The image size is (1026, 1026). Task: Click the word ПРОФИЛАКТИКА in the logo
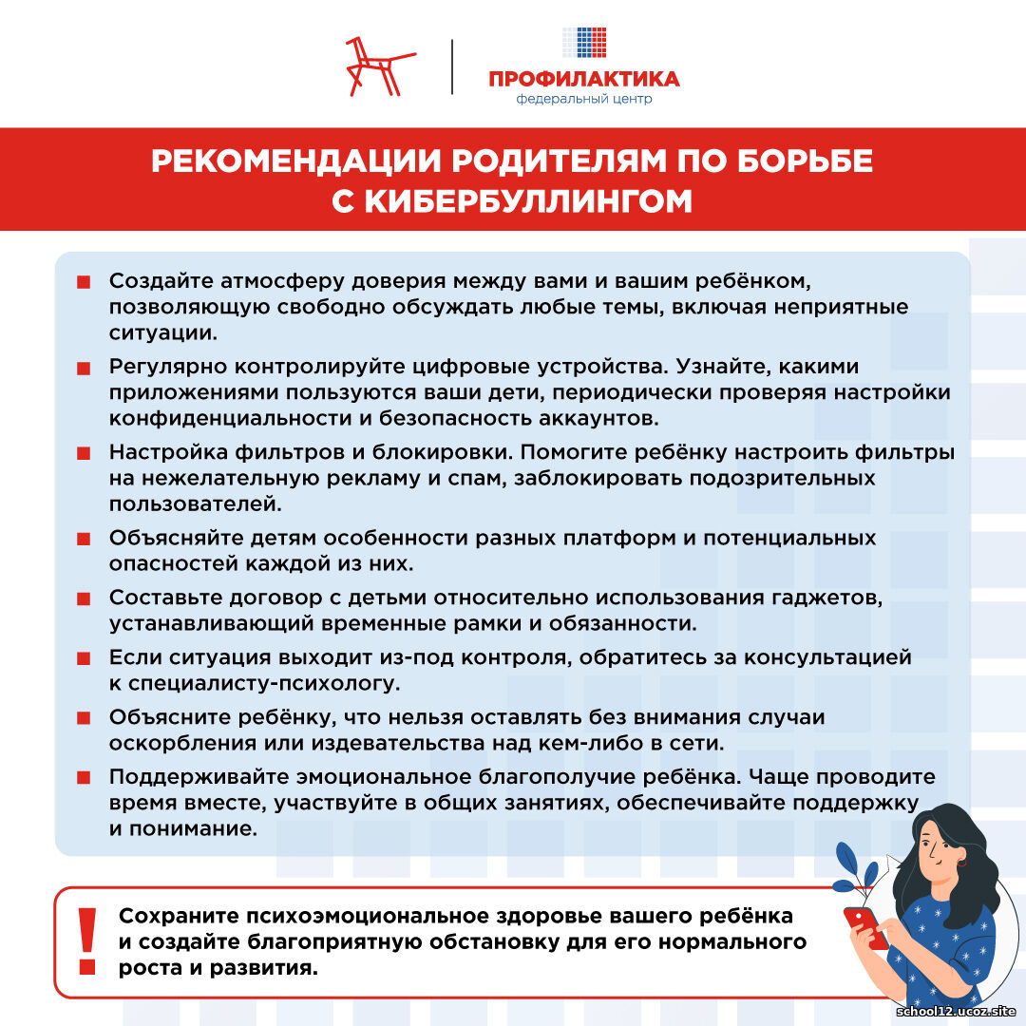coord(583,79)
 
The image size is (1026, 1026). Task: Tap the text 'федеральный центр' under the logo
coord(583,99)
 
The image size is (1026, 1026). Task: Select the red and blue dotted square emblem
coord(584,43)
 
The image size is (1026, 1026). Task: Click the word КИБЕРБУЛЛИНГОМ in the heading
coord(512,201)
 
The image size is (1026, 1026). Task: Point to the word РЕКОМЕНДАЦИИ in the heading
coord(289,161)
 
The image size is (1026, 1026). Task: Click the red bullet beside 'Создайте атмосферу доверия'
coord(84,282)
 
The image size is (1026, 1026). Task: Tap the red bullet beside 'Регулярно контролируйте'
coord(84,368)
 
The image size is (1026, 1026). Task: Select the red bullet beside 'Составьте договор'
coord(84,598)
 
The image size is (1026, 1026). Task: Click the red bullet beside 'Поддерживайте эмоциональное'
coord(84,777)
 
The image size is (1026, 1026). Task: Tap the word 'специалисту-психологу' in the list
coord(263,683)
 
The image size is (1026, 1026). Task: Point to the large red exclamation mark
coord(87,940)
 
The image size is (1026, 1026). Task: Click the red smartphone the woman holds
coord(865,927)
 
